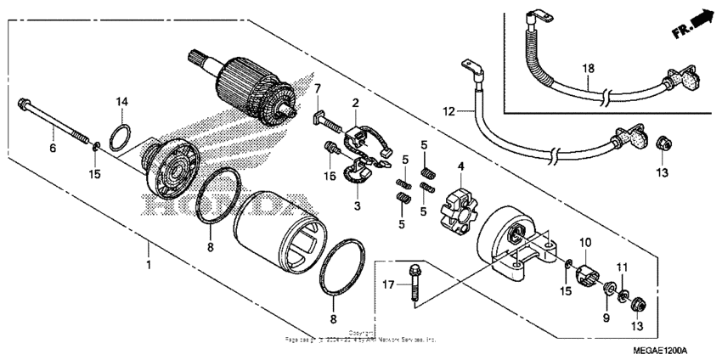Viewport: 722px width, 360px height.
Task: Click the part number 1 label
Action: (x=149, y=265)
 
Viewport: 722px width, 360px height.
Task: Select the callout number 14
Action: (x=122, y=102)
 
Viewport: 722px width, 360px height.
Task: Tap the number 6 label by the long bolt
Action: (x=52, y=148)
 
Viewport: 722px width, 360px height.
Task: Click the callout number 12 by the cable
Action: (x=448, y=111)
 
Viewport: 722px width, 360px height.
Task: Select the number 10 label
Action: (x=584, y=243)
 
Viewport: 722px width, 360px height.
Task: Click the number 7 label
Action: (x=318, y=89)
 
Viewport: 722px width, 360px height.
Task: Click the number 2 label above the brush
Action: (x=356, y=103)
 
